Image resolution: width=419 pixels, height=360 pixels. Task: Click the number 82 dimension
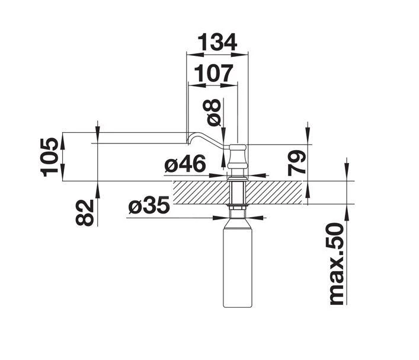[87, 212]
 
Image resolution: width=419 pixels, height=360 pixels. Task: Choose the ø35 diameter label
[149, 206]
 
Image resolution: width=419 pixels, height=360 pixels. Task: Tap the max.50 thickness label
[337, 264]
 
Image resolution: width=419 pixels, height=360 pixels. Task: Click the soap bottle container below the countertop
[238, 261]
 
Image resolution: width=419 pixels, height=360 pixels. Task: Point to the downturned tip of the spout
[188, 141]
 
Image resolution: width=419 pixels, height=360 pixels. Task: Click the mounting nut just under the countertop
[238, 208]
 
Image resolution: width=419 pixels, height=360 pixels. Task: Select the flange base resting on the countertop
[238, 177]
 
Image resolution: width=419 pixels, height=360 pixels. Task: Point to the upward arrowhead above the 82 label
[97, 187]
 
